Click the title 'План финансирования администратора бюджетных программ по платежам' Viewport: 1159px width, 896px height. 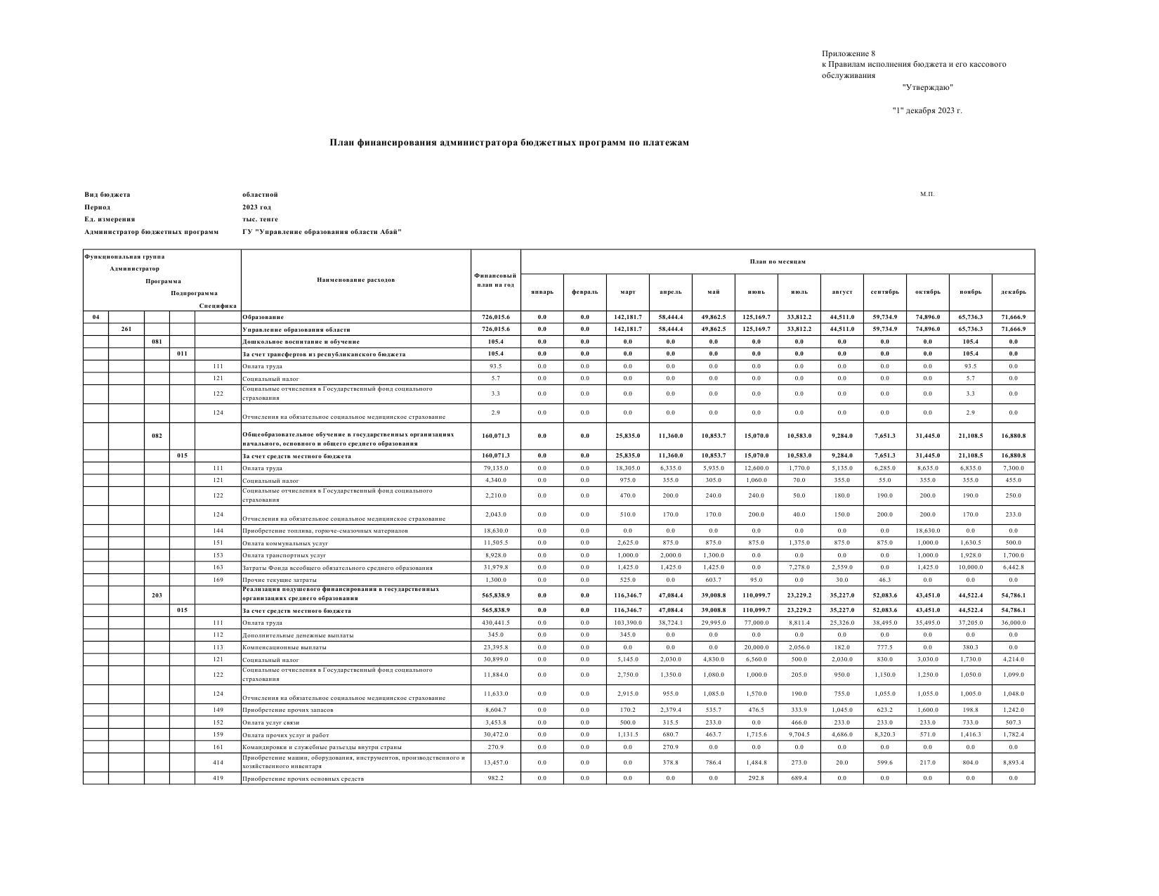[x=509, y=143]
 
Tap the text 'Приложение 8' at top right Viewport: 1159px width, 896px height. [x=849, y=53]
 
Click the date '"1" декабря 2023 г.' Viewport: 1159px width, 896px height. [x=927, y=110]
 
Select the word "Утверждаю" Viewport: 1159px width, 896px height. [x=927, y=87]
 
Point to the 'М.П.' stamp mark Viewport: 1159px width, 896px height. [x=927, y=194]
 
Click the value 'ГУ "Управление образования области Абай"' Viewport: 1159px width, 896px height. [x=322, y=232]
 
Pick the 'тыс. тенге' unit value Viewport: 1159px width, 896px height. [x=260, y=219]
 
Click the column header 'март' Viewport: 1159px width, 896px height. [x=627, y=292]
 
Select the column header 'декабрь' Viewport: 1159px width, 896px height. [x=1013, y=292]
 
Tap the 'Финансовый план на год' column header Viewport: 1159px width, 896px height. [x=495, y=280]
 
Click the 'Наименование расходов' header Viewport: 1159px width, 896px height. [x=355, y=280]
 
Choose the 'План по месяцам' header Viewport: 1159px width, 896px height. [x=778, y=261]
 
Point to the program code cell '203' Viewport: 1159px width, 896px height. [x=157, y=595]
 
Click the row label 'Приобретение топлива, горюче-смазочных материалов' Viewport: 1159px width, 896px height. [x=325, y=531]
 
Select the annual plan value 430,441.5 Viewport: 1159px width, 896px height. [x=495, y=623]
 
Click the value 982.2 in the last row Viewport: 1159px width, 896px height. [x=495, y=778]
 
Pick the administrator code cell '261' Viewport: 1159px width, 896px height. [x=126, y=329]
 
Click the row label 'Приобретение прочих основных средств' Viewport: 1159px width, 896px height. [x=303, y=779]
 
